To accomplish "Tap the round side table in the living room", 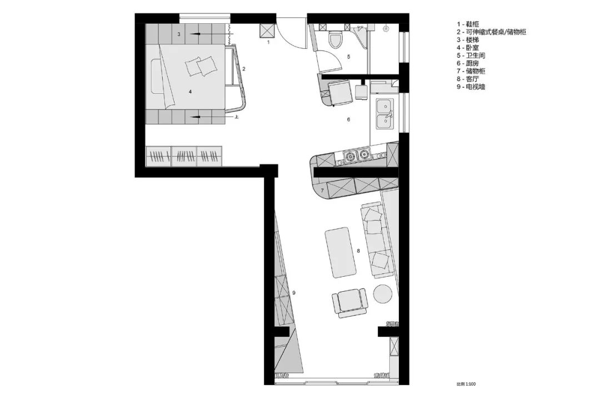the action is coord(382,294).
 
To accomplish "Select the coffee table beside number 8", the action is coord(340,253).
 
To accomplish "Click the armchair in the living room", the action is coord(349,302).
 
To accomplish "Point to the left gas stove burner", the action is coord(350,155).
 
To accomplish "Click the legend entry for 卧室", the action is coord(468,48).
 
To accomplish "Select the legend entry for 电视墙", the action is coord(471,87).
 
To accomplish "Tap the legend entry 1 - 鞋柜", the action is coord(468,24).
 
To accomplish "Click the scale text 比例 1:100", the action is coord(466,384).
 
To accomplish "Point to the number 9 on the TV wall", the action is coord(294,293).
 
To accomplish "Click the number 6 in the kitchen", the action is coord(348,120).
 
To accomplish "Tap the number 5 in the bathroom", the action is coord(348,57).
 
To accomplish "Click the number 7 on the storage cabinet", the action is coord(322,190).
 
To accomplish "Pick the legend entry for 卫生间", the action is coord(471,55).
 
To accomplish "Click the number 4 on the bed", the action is coord(190,92).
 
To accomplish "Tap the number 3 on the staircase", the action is coord(179,34).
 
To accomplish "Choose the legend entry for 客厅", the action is coord(468,79).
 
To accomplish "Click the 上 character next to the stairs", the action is coord(237,117).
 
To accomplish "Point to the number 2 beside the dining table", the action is coord(244,69).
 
